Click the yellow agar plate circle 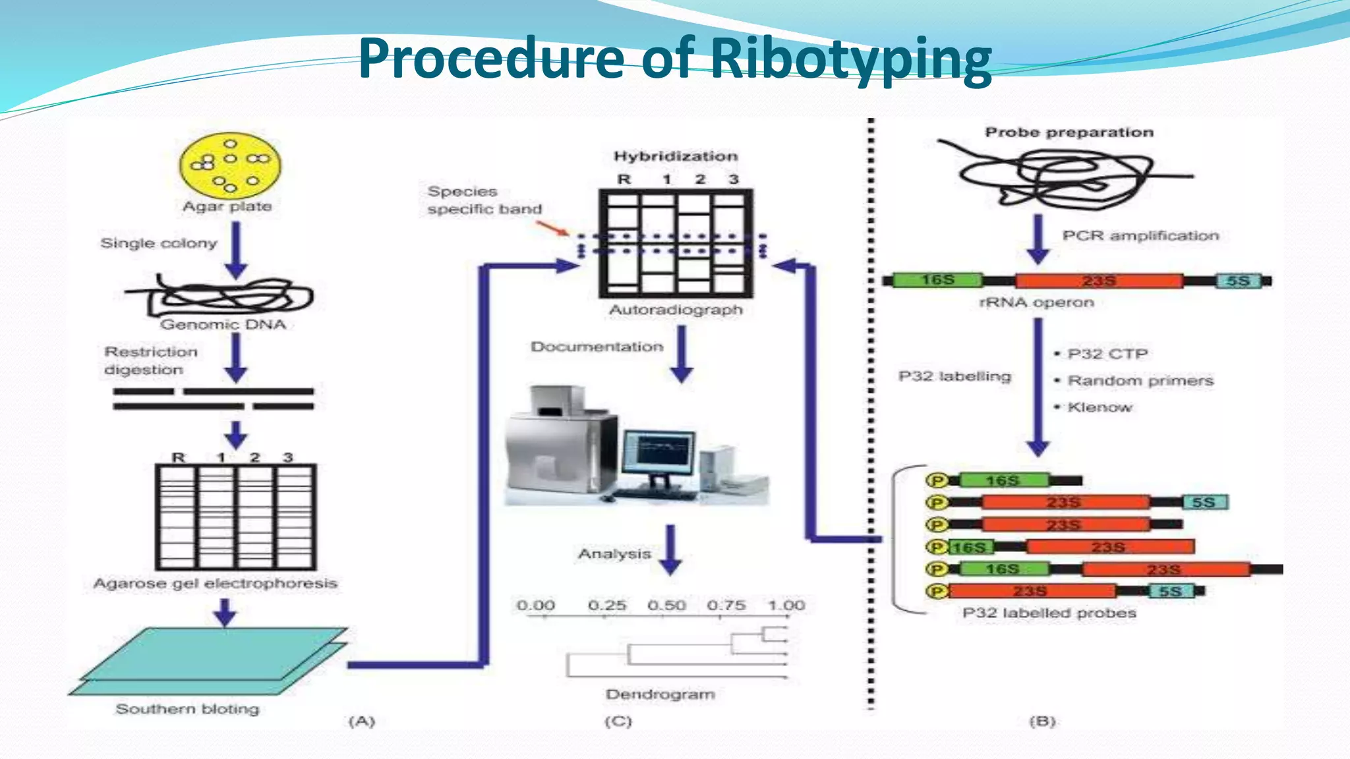click(x=229, y=165)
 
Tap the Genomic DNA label click(x=223, y=324)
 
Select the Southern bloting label click(x=187, y=709)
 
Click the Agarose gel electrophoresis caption click(x=215, y=583)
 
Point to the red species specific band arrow click(x=552, y=228)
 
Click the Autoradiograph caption click(x=676, y=310)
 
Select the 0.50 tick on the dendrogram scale click(x=666, y=605)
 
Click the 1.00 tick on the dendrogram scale click(x=786, y=605)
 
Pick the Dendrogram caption click(x=660, y=694)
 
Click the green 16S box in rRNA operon click(x=937, y=280)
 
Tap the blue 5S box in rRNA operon click(x=1237, y=281)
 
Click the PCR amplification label click(x=1140, y=236)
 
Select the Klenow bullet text click(x=1100, y=407)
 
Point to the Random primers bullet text click(x=1140, y=381)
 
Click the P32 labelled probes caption click(x=1049, y=613)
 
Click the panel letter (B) click(x=1042, y=721)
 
